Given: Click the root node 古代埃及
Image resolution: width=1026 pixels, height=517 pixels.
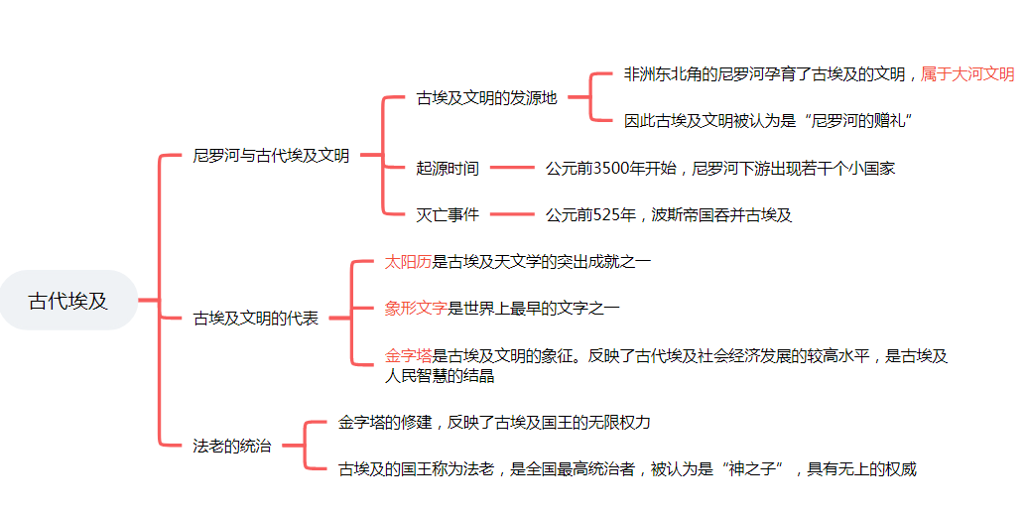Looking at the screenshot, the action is pos(68,301).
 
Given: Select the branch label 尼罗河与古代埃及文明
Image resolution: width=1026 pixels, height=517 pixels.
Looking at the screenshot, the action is pos(271,155).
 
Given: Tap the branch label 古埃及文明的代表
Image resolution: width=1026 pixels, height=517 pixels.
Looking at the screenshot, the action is pos(256,319).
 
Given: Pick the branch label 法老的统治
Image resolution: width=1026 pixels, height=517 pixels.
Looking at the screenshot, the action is pos(231,446).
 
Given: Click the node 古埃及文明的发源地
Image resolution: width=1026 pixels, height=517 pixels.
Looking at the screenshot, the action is pos(486,98).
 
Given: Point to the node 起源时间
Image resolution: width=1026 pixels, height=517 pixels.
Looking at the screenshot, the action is pos(448,169).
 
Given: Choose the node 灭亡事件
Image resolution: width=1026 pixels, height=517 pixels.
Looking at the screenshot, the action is pos(448,214).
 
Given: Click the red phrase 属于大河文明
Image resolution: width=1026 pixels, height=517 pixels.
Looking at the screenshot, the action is pos(967,74).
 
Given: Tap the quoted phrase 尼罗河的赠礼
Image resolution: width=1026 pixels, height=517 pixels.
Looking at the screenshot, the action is pos(861,121).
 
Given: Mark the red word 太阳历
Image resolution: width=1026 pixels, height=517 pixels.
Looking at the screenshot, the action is pos(408,262).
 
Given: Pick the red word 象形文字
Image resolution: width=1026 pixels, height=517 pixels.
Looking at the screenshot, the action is pos(416,308).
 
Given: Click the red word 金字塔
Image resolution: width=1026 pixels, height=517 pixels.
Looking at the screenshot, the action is pos(408,355).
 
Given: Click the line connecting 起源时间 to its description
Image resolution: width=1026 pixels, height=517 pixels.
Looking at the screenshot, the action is pos(512,169).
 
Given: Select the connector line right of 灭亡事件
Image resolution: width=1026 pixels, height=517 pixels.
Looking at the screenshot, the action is pos(512,214).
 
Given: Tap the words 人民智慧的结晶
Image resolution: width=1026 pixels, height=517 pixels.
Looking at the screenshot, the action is pos(440,376).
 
